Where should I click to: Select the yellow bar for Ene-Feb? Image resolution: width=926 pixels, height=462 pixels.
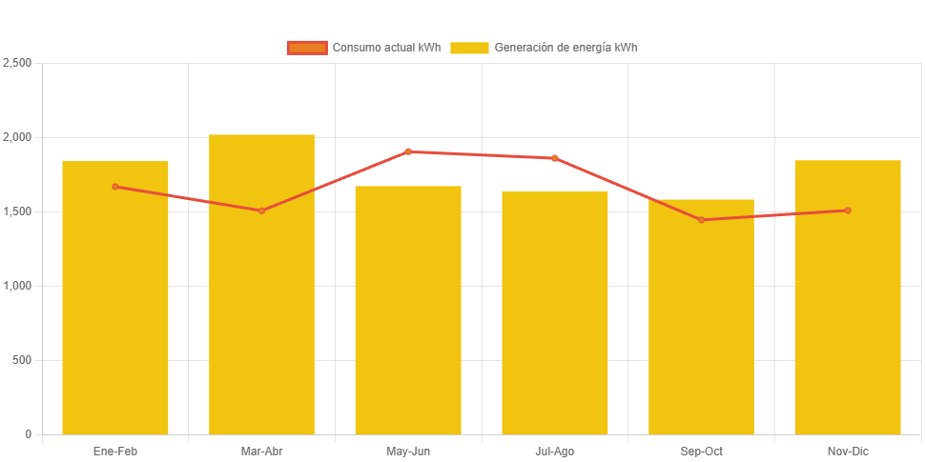click(115, 305)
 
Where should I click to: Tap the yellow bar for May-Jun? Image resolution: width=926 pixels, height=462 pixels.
click(408, 314)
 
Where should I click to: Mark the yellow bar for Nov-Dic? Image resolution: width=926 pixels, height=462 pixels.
click(848, 305)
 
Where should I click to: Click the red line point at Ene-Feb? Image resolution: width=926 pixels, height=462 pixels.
click(115, 187)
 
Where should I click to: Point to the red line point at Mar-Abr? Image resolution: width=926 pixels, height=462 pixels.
click(261, 211)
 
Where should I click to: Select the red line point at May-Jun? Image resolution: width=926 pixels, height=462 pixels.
click(408, 151)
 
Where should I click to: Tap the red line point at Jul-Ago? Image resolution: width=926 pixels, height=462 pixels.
click(555, 158)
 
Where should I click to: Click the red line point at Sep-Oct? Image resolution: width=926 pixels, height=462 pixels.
click(701, 220)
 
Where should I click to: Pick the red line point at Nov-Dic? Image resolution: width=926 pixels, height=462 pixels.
click(848, 211)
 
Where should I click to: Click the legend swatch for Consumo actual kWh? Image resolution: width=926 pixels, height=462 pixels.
click(307, 48)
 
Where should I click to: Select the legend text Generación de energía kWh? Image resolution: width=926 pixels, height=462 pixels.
click(566, 48)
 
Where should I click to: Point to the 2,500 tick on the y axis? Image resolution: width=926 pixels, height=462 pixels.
click(18, 63)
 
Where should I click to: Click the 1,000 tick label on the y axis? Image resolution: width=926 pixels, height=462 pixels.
click(18, 286)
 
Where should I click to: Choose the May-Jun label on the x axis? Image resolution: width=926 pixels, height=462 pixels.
click(408, 452)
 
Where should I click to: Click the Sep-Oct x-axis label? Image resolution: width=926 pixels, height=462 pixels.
click(701, 452)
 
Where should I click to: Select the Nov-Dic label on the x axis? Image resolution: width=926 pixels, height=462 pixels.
click(848, 452)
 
